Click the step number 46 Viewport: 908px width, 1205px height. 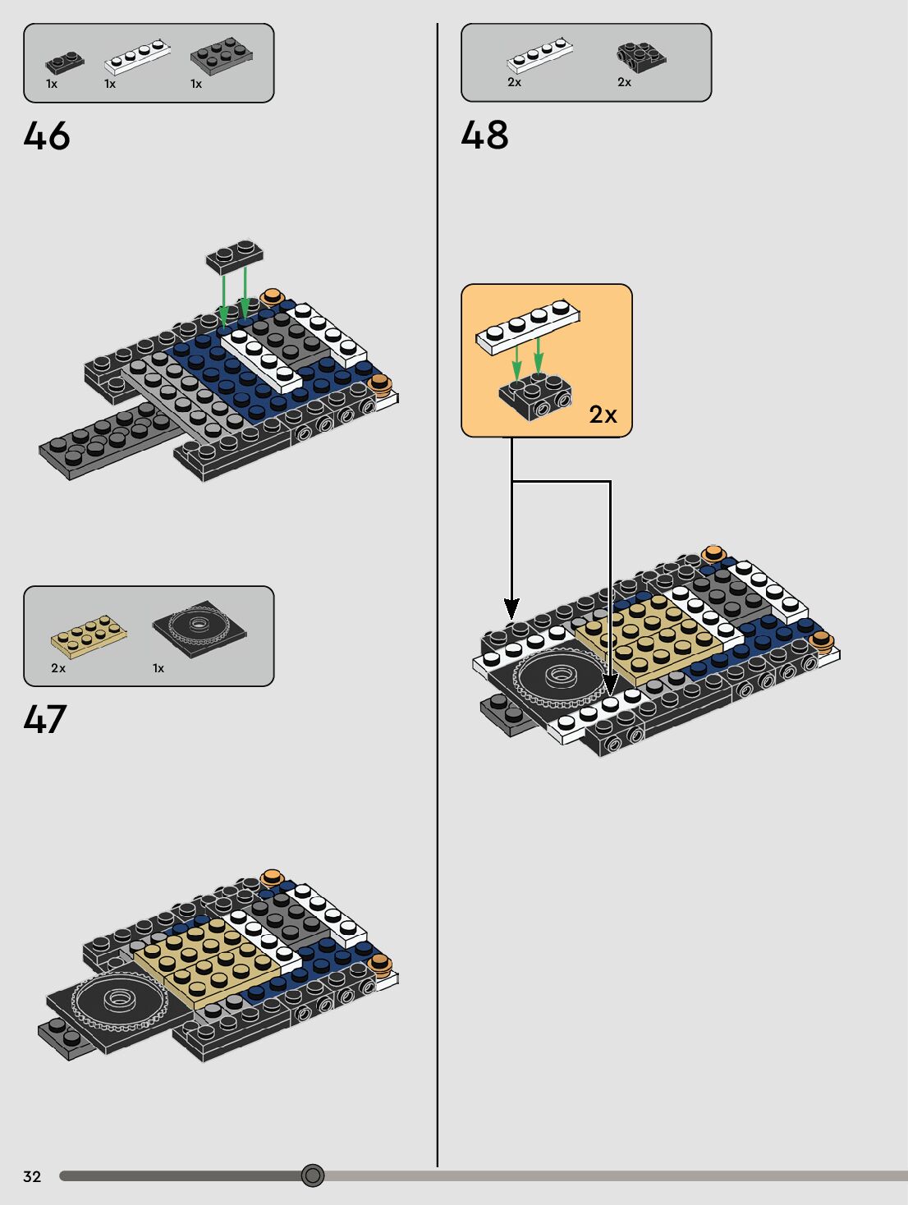tap(47, 135)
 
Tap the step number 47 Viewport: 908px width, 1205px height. tap(45, 719)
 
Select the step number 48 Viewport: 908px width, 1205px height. tap(484, 135)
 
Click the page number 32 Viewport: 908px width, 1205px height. tap(32, 1176)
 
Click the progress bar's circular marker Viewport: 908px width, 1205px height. tap(313, 1175)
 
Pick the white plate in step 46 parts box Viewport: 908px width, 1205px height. tap(137, 56)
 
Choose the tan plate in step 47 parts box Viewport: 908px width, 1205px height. tap(89, 635)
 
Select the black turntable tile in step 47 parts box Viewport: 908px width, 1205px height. tap(199, 628)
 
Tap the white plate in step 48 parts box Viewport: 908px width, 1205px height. tap(539, 55)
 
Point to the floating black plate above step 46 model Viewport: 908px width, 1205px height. tap(234, 256)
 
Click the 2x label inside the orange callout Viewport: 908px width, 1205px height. tap(603, 415)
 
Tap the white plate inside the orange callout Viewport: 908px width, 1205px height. tap(528, 326)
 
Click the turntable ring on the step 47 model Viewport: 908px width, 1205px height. tap(120, 999)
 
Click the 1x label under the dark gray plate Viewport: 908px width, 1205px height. tap(196, 84)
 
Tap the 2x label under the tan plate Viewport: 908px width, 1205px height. tap(58, 668)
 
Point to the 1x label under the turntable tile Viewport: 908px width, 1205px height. tap(158, 668)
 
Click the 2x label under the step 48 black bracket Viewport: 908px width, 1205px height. tap(625, 82)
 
